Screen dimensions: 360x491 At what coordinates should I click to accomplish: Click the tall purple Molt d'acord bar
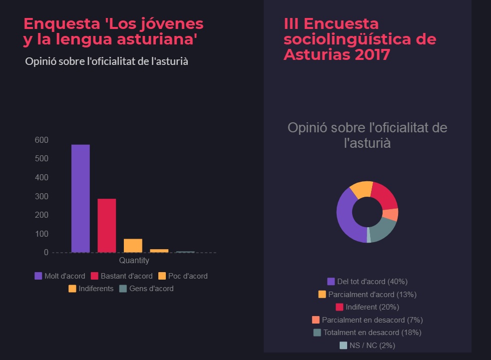80,198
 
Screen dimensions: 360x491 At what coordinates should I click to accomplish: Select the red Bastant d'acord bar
106,225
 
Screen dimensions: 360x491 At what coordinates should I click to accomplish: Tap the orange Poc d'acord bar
133,245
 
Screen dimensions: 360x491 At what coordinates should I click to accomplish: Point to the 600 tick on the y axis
41,140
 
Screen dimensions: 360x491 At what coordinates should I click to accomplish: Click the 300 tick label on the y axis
41,196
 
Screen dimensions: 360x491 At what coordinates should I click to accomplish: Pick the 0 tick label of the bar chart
46,253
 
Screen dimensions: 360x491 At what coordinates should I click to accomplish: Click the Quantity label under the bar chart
134,261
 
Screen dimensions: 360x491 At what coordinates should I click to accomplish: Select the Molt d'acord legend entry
60,276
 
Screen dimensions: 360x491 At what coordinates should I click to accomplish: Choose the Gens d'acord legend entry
146,289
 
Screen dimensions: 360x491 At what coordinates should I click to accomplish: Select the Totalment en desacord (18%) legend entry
367,333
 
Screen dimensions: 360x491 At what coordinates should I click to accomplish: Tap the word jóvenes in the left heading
172,23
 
